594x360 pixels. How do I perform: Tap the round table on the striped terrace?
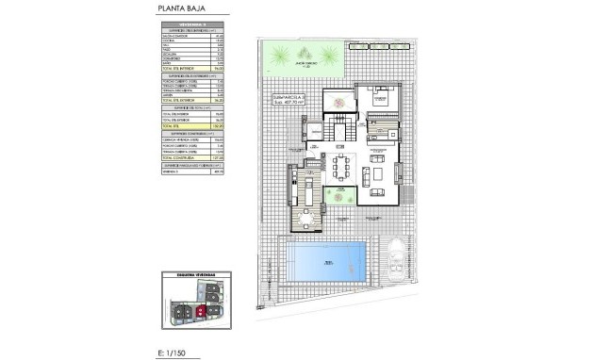click(x=307, y=221)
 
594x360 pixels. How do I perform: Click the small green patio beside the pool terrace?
click(x=336, y=201)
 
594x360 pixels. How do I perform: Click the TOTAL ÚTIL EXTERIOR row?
click(x=189, y=97)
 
